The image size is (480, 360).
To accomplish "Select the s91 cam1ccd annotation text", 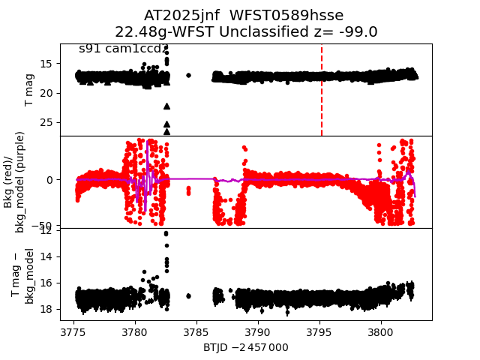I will (120, 49).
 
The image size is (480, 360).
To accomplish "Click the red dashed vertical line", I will (322, 90).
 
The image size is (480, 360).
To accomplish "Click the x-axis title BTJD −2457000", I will (245, 347).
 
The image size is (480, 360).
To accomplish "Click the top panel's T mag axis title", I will (29, 90).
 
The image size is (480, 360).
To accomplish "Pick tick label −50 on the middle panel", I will (45, 226).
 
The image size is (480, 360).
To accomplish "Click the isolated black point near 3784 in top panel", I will (188, 75).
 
